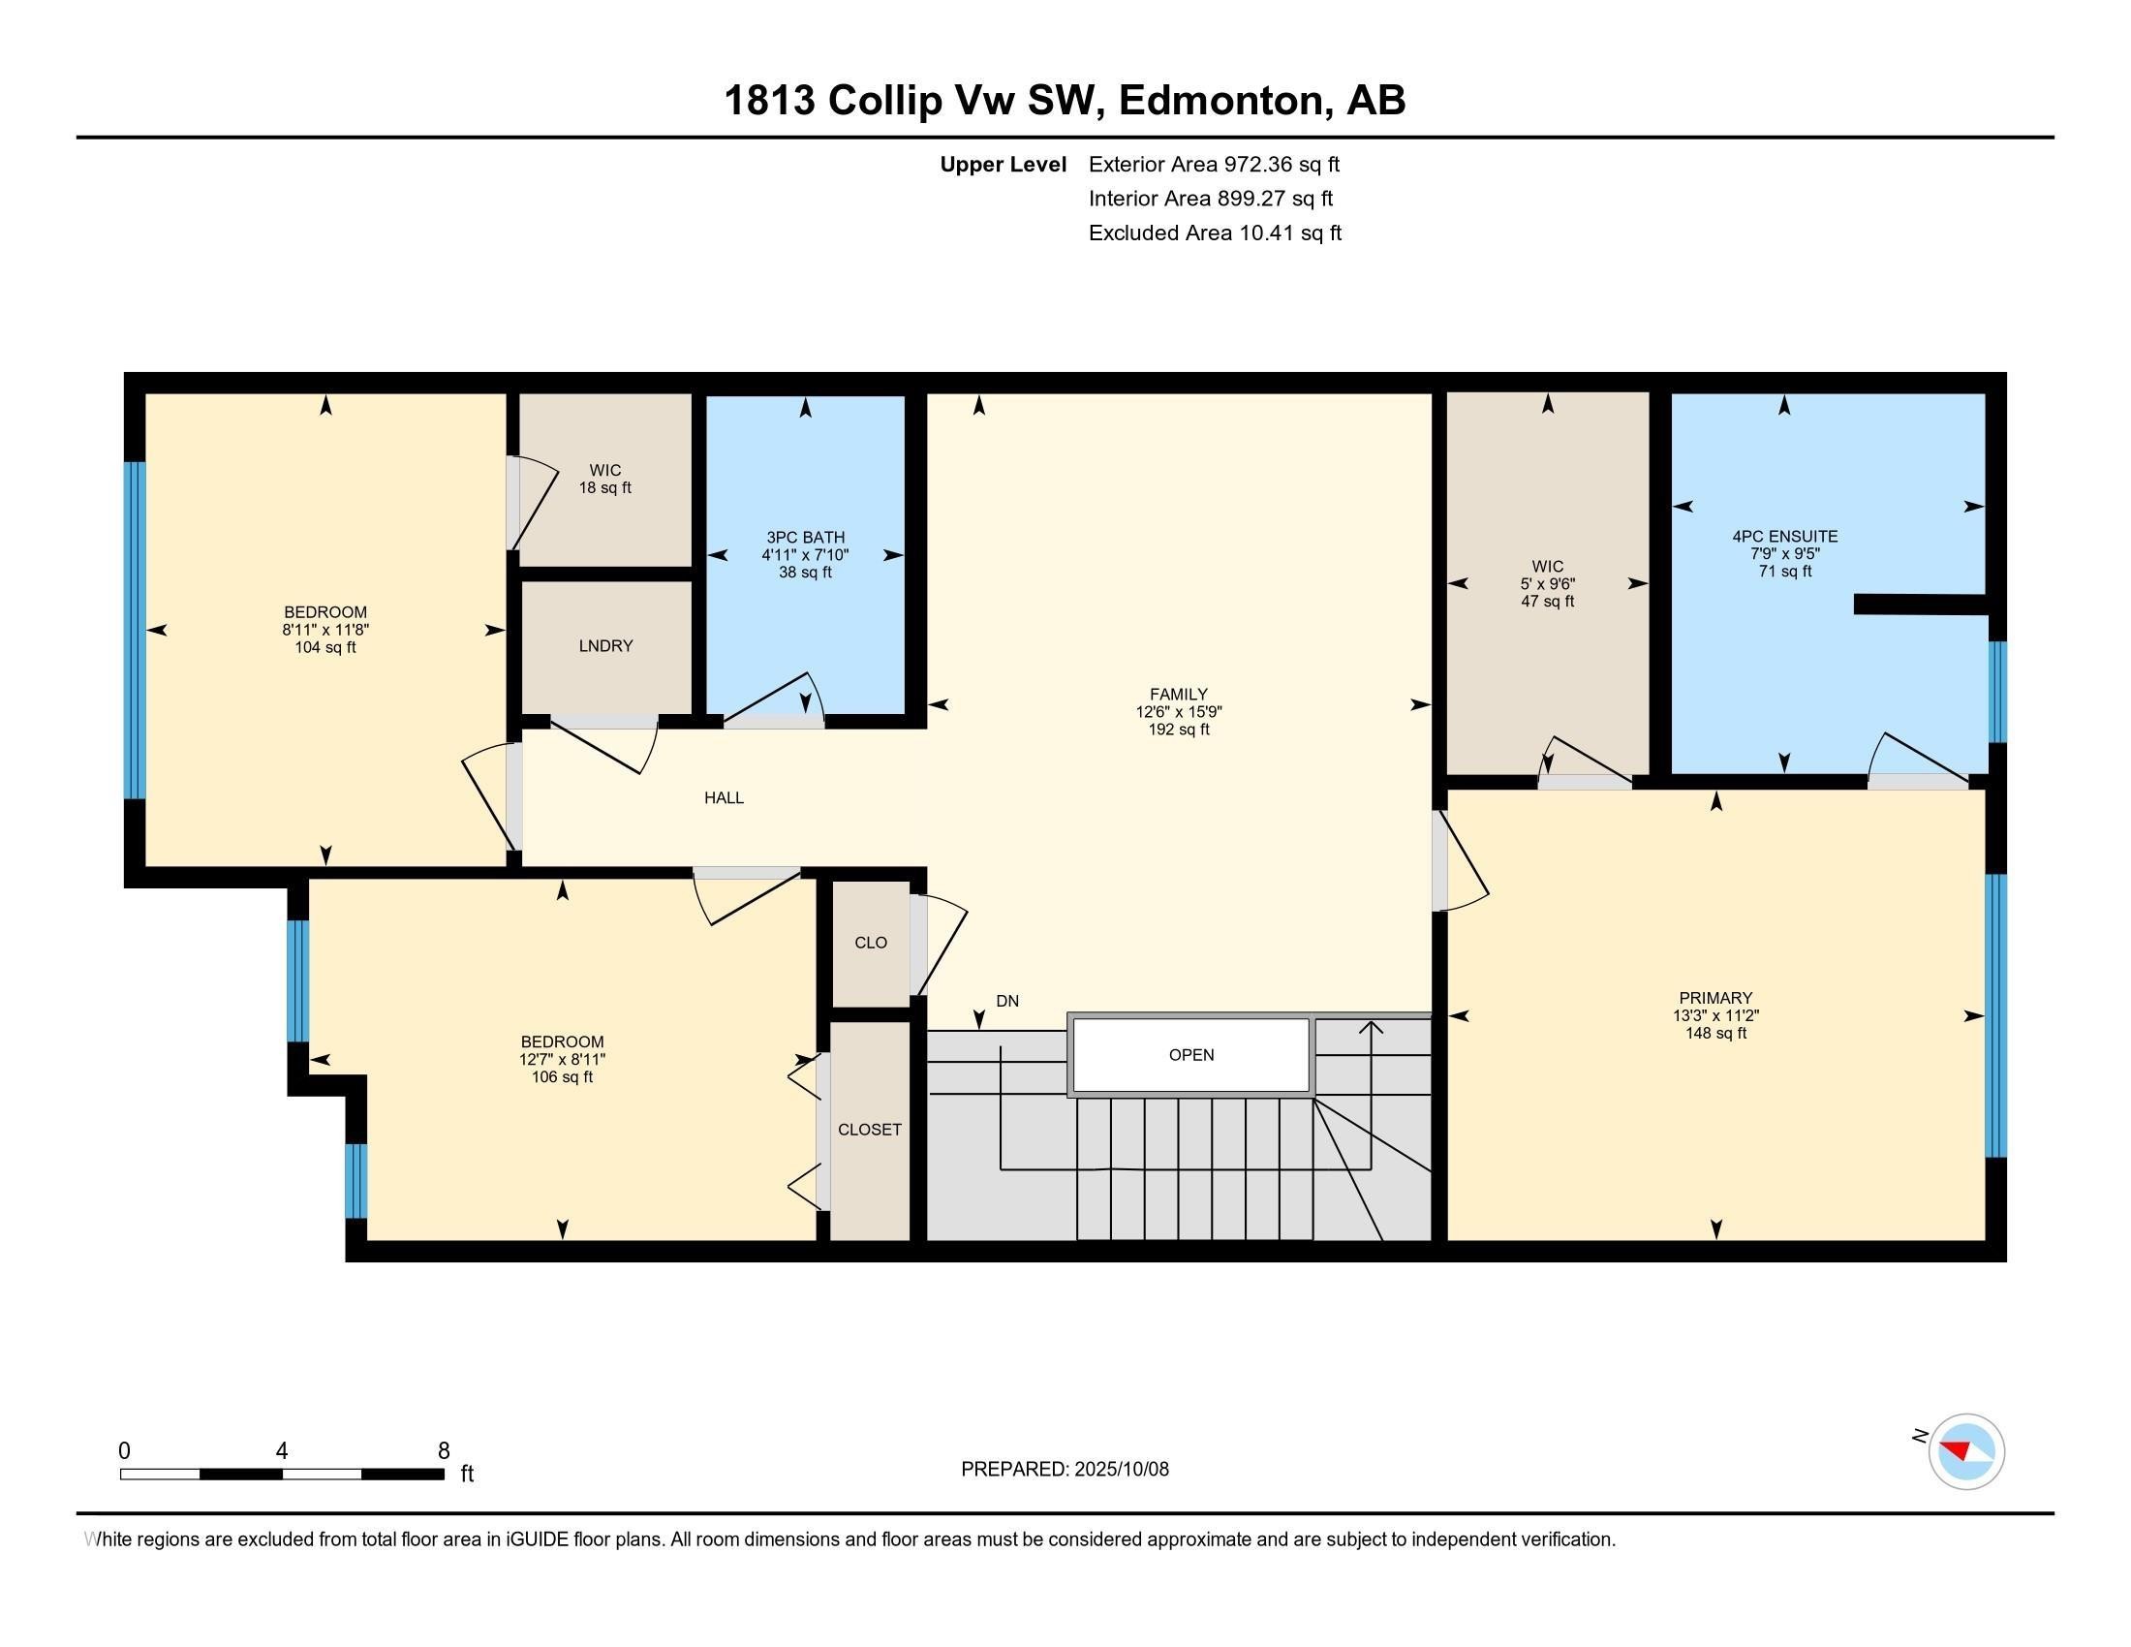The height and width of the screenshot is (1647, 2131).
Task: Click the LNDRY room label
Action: pos(605,646)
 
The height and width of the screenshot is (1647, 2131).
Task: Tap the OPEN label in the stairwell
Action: pos(1190,1055)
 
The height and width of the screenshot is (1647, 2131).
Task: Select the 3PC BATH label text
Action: pos(805,538)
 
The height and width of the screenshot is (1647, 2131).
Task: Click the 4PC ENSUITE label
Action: pos(1784,537)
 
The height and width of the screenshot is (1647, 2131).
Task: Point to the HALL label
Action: pos(724,798)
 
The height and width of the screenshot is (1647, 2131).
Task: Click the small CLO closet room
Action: pos(871,943)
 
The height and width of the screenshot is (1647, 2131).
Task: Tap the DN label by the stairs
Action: pos(1007,1001)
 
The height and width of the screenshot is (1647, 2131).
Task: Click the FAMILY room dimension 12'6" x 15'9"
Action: pos(1179,712)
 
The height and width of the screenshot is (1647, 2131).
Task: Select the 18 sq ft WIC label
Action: pos(605,479)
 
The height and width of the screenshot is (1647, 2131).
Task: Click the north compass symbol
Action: pos(1966,1451)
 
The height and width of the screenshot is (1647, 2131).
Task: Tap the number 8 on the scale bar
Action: pos(444,1451)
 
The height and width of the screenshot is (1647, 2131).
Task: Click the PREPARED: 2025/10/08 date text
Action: pos(1065,1470)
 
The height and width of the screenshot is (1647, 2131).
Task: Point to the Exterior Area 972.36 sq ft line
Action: pos(1214,165)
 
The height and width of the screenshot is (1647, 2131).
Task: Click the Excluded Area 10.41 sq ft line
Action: pos(1215,233)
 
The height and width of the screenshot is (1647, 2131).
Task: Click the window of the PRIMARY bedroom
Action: pos(1996,1014)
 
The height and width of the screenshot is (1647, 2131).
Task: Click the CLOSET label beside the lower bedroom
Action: pos(870,1130)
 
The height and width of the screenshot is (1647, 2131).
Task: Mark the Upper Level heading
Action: pos(1003,165)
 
